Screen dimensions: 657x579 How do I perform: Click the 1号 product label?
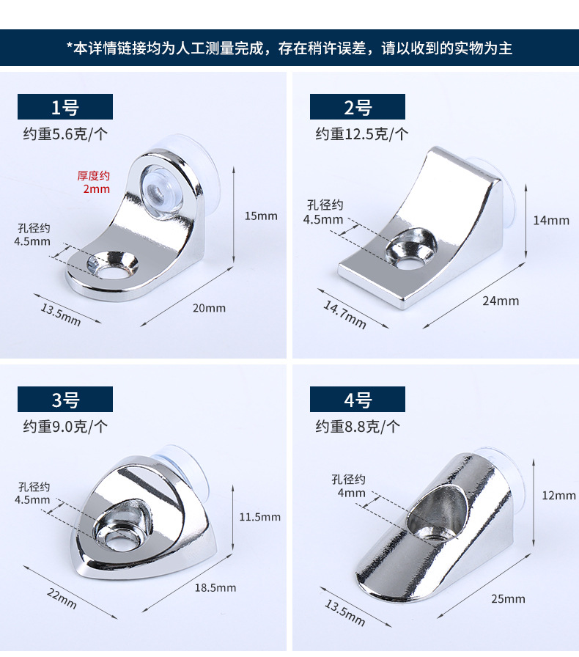point(65,107)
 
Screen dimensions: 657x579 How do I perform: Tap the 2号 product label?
point(358,107)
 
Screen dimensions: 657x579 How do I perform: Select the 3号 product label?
point(65,400)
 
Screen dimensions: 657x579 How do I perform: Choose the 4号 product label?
point(358,400)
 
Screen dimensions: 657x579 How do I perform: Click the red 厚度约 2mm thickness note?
point(94,182)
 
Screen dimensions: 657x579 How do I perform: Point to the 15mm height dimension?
point(261,216)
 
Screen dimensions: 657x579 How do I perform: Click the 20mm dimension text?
point(209,307)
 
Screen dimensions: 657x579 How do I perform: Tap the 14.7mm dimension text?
point(344,315)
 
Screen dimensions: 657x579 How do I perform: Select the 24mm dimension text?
point(502,301)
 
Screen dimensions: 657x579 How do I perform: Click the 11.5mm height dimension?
point(260,517)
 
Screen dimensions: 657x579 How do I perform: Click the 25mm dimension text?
point(509,598)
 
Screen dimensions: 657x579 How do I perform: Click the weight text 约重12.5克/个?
point(362,133)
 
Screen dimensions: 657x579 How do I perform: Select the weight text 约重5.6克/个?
point(65,133)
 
